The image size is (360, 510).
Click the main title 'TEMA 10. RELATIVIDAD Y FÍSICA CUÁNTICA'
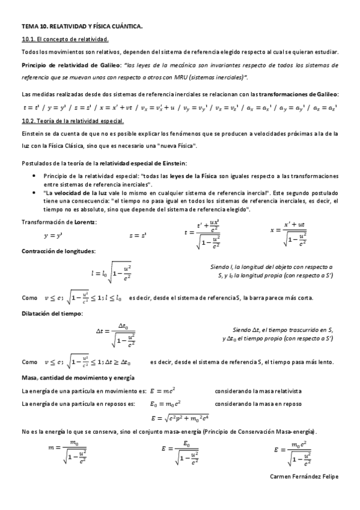click(82, 27)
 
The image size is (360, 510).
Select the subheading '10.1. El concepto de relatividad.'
click(65, 40)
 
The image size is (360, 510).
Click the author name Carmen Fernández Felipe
click(305, 476)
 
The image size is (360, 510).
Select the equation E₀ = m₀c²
click(166, 404)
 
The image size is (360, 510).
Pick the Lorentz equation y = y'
click(53, 236)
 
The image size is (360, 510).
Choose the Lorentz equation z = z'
click(138, 236)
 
